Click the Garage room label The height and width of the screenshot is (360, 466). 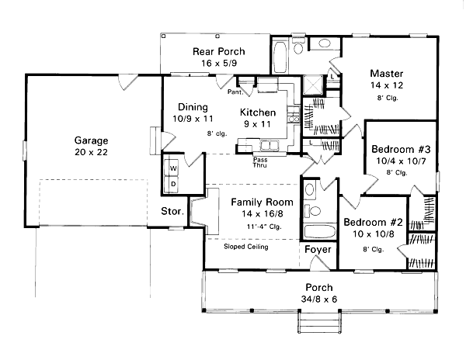[91, 140]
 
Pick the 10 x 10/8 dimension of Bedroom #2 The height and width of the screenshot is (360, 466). [369, 234]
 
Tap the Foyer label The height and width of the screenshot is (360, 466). [318, 251]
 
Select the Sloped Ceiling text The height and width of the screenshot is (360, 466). [246, 247]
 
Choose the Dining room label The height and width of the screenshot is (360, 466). [192, 107]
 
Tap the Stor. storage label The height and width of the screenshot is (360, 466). [172, 210]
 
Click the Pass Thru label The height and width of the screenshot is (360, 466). [261, 162]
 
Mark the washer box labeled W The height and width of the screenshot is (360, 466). [172, 168]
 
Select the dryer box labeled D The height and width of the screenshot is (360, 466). [172, 183]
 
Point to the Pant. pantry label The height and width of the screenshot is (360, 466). [237, 92]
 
